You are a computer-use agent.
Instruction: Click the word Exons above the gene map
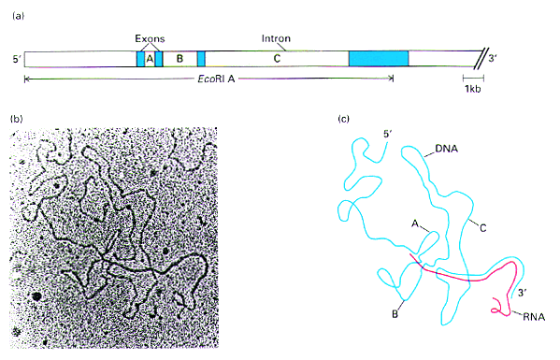(150, 38)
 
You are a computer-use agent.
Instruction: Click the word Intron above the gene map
(276, 38)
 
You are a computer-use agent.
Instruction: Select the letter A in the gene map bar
(150, 59)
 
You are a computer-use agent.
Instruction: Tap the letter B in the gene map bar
(180, 59)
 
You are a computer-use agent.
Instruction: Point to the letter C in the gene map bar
(277, 59)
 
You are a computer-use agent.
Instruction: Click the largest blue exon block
(379, 59)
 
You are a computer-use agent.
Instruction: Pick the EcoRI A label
(217, 79)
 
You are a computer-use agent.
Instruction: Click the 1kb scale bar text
(472, 89)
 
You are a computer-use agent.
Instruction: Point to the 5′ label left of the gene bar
(17, 59)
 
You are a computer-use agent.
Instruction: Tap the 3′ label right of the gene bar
(493, 58)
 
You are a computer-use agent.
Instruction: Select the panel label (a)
(18, 16)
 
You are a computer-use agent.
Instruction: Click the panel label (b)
(17, 119)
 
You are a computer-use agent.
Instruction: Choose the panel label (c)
(343, 119)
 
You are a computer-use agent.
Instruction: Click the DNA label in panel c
(447, 149)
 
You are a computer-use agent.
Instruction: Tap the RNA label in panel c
(534, 317)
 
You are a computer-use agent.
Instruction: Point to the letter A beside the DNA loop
(415, 223)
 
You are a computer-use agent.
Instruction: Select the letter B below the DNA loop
(395, 314)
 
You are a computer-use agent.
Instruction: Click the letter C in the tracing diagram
(482, 228)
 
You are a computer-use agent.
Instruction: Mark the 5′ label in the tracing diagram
(388, 135)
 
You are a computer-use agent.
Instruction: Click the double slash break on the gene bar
(480, 59)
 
